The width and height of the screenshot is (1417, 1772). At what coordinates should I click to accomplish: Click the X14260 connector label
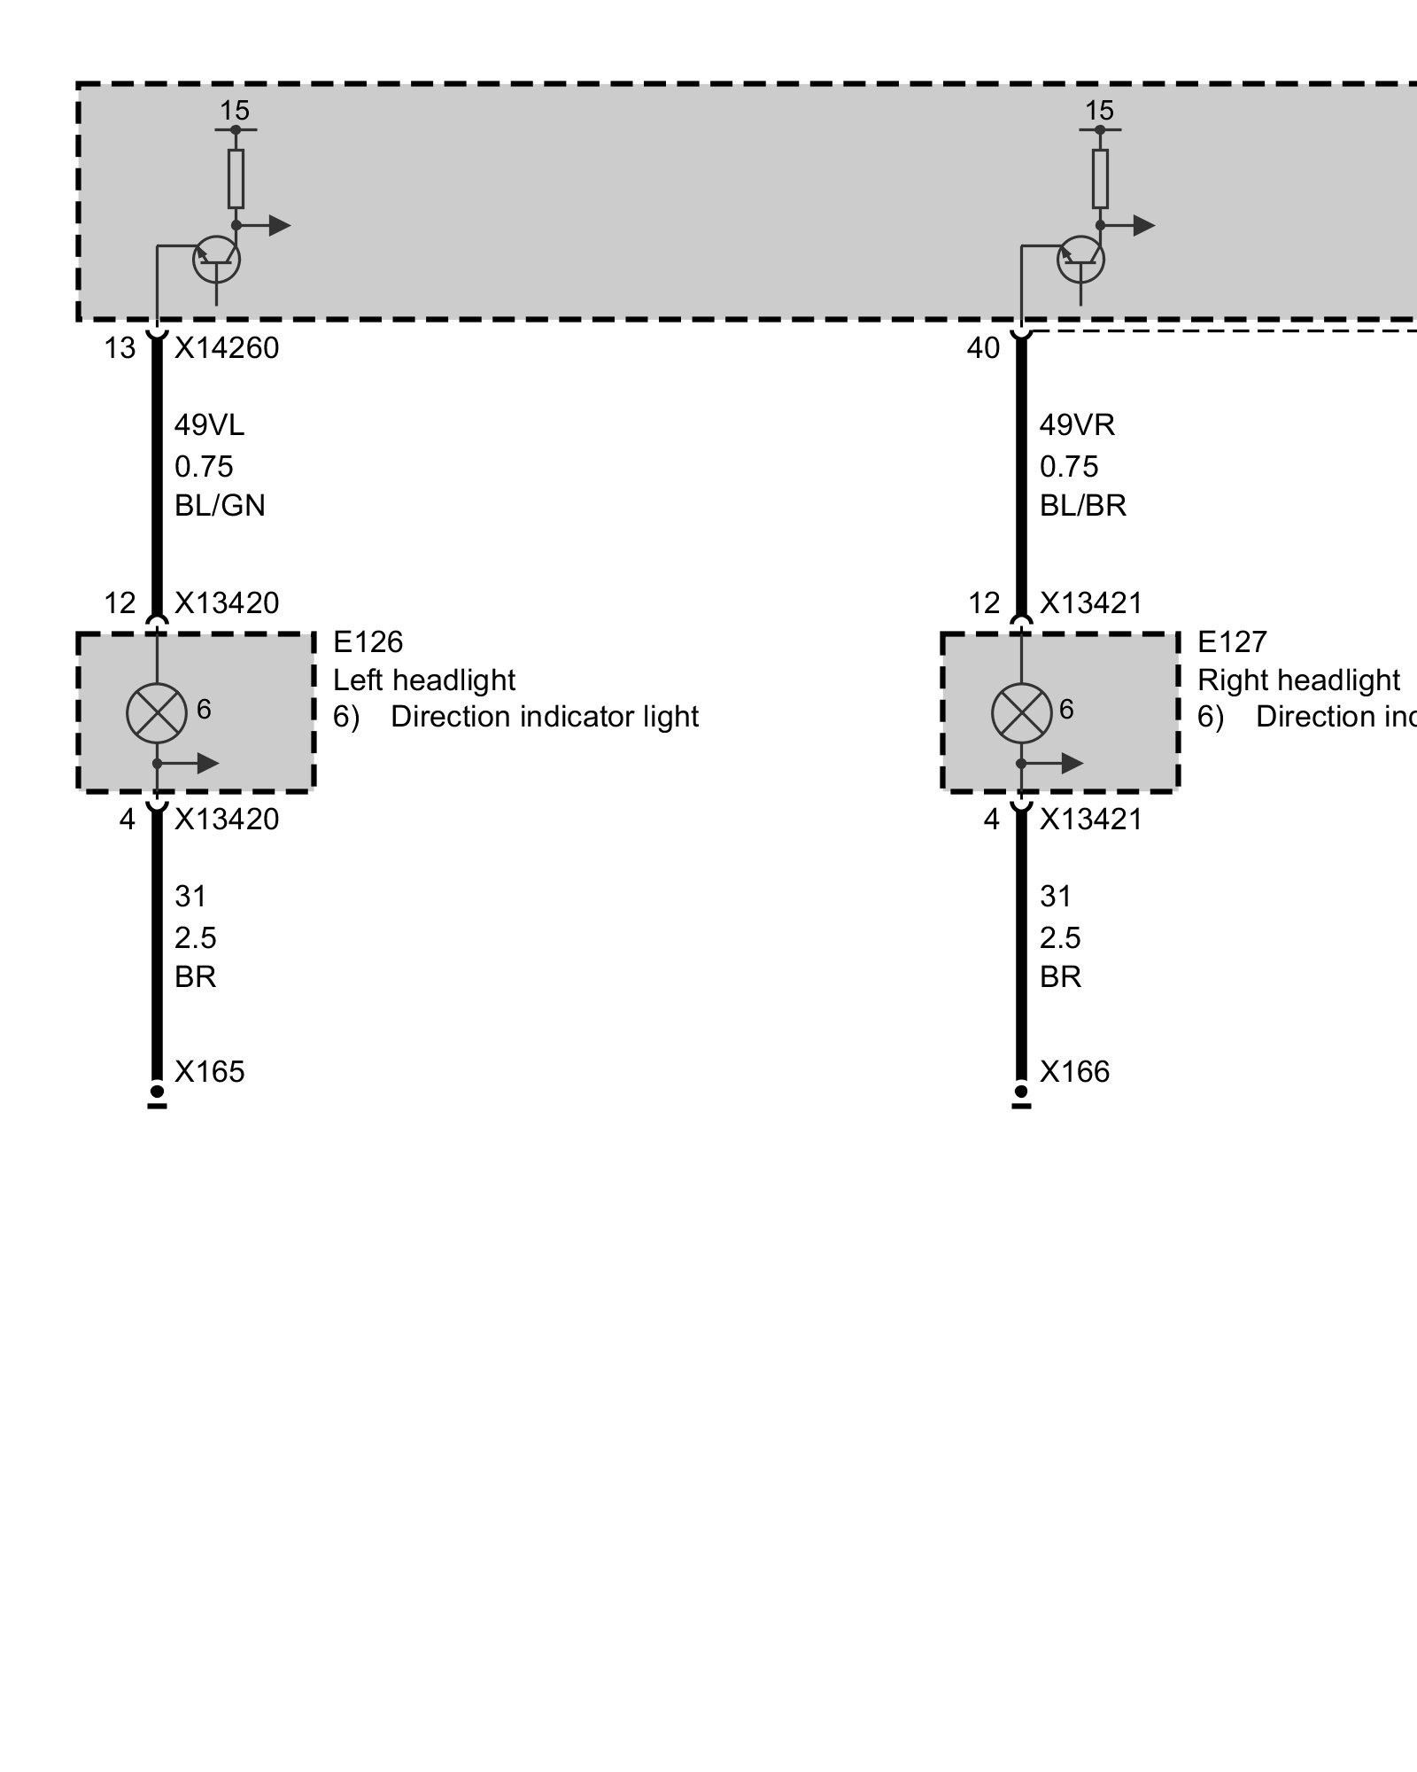[227, 348]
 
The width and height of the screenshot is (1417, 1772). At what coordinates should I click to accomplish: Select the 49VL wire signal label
[209, 425]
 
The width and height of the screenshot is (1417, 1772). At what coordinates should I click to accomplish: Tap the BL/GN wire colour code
[220, 505]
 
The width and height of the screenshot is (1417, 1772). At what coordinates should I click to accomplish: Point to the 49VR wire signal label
[1077, 425]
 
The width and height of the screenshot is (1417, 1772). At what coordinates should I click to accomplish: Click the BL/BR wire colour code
[1083, 505]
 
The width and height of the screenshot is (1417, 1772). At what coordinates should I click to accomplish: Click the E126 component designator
[368, 641]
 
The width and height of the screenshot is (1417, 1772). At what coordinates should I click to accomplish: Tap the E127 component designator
[1232, 641]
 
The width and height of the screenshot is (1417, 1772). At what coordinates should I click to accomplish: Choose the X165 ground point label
[209, 1072]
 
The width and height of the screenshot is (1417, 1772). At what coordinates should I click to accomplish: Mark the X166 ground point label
[1074, 1072]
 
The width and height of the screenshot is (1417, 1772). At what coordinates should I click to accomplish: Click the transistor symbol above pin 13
[216, 260]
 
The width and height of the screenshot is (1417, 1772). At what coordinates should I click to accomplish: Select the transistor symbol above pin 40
[1080, 260]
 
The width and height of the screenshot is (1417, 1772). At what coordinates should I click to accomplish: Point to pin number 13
[120, 348]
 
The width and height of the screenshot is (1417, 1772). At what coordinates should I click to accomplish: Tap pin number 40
[983, 348]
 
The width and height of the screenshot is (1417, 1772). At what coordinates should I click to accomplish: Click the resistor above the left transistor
[236, 179]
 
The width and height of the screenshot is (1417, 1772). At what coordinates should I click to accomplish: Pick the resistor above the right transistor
[1100, 179]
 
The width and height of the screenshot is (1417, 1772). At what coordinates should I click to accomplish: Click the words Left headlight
[423, 680]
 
